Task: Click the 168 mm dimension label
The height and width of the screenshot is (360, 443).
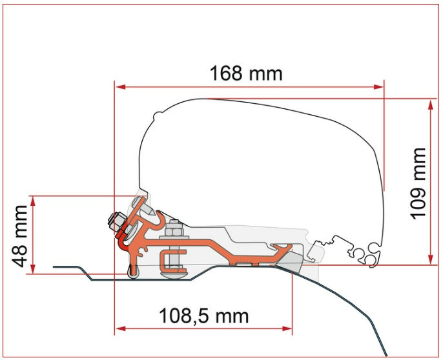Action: click(246, 74)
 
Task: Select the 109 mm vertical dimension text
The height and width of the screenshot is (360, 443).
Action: click(418, 183)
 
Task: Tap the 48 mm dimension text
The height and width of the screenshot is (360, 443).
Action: click(19, 236)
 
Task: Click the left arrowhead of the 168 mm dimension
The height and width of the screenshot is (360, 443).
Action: click(120, 86)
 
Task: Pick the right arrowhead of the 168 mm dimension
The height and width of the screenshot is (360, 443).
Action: click(378, 86)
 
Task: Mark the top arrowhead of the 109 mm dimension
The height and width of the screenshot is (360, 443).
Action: click(430, 105)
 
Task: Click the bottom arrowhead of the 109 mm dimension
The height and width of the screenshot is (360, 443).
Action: click(430, 259)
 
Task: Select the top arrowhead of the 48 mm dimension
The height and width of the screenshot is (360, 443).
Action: click(34, 201)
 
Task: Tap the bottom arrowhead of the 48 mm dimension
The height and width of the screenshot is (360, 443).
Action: click(34, 268)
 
